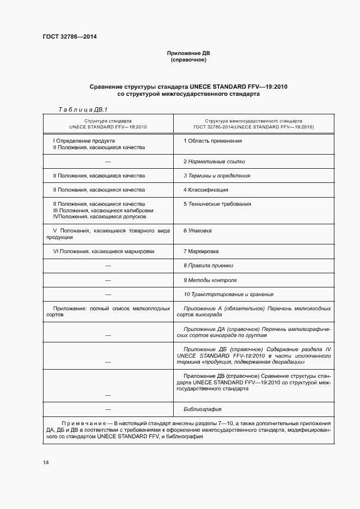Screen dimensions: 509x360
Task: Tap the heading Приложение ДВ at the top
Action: click(x=188, y=53)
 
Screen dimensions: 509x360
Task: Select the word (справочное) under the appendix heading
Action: click(x=188, y=60)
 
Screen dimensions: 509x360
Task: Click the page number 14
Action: click(x=46, y=463)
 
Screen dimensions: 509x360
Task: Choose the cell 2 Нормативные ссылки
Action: click(x=214, y=162)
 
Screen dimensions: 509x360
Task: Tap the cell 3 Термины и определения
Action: click(x=217, y=176)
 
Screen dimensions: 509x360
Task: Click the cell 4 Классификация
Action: click(x=206, y=190)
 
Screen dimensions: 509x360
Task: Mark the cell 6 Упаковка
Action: click(x=198, y=231)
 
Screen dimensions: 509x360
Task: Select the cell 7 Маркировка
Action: click(x=201, y=252)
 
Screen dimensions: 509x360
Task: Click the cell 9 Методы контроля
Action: click(x=210, y=280)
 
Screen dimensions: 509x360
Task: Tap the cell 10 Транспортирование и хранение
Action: click(x=228, y=295)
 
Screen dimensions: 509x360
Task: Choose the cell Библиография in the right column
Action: click(x=203, y=409)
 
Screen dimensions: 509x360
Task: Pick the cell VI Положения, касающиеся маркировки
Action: click(x=103, y=252)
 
